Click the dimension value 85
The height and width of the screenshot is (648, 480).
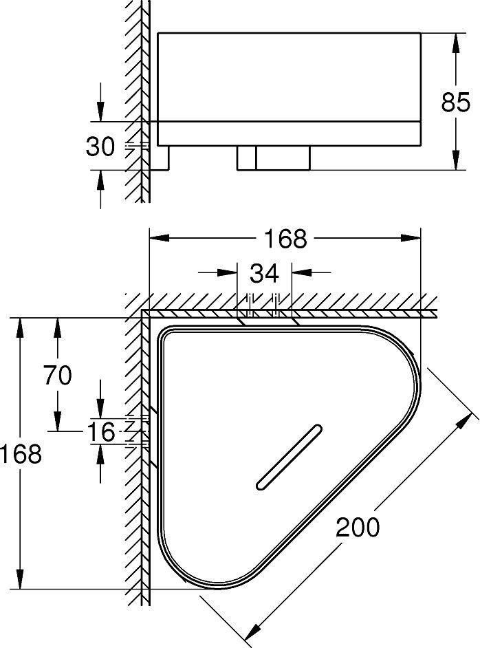[x=455, y=102]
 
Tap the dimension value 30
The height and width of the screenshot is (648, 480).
[x=100, y=147]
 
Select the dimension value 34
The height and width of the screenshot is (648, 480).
[x=264, y=273]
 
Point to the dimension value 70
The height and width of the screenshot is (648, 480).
[x=57, y=375]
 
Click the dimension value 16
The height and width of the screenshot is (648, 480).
[x=102, y=432]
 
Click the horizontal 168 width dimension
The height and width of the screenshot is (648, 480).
[x=285, y=239]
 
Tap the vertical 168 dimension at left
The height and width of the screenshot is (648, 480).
[x=21, y=453]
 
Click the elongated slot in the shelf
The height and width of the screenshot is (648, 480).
[x=290, y=457]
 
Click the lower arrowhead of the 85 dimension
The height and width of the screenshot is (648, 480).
[x=456, y=160]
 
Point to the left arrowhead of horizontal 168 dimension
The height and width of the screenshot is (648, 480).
[x=160, y=237]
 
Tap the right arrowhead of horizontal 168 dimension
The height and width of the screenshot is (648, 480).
[x=411, y=237]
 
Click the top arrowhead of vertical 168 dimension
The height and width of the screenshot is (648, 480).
[x=20, y=328]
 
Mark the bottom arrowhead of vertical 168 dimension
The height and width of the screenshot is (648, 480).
[x=20, y=579]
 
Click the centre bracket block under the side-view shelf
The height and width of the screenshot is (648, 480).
[x=274, y=158]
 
